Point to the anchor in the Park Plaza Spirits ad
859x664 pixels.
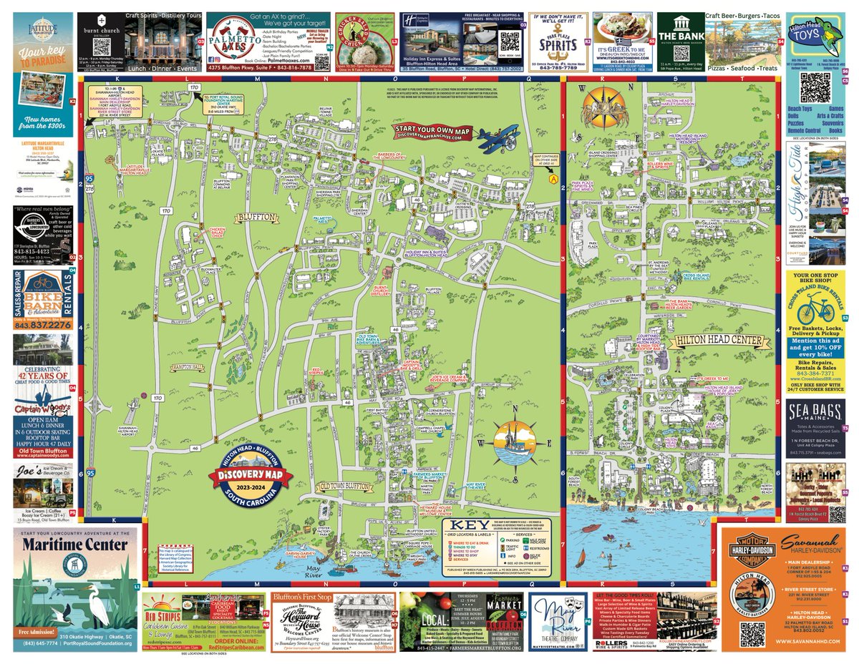tap(558, 45)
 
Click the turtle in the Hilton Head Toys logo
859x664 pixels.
tap(832, 35)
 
